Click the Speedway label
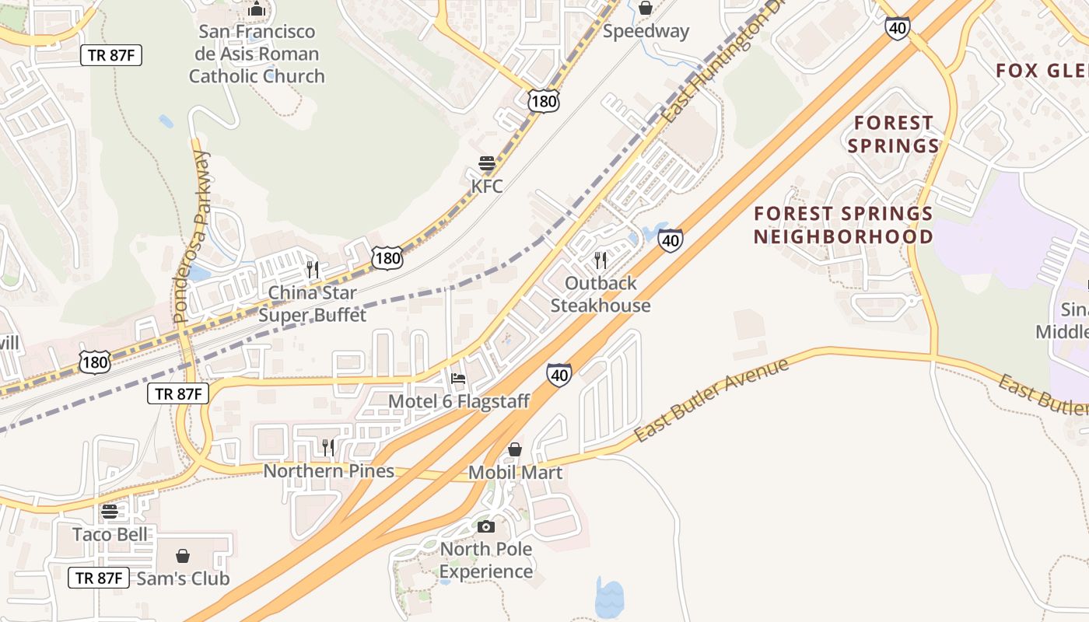pyautogui.click(x=646, y=31)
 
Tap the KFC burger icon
pyautogui.click(x=487, y=164)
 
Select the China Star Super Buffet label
pyautogui.click(x=312, y=304)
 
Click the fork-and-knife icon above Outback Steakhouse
pyautogui.click(x=600, y=260)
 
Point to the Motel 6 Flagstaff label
pyautogui.click(x=458, y=401)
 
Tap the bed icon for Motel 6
pyautogui.click(x=458, y=379)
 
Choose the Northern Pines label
pyautogui.click(x=328, y=471)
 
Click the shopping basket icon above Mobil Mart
pyautogui.click(x=514, y=449)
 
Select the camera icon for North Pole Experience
pyautogui.click(x=486, y=526)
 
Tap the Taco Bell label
pyautogui.click(x=109, y=534)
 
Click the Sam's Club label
pyautogui.click(x=183, y=578)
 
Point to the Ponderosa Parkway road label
pyautogui.click(x=191, y=237)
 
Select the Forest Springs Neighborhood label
pyautogui.click(x=843, y=225)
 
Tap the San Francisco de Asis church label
pyautogui.click(x=257, y=54)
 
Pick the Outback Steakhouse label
pyautogui.click(x=601, y=294)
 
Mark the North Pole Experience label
pyautogui.click(x=486, y=560)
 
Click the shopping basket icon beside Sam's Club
pyautogui.click(x=182, y=556)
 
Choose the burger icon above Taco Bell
pyautogui.click(x=109, y=511)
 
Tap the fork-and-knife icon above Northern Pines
pyautogui.click(x=328, y=447)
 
